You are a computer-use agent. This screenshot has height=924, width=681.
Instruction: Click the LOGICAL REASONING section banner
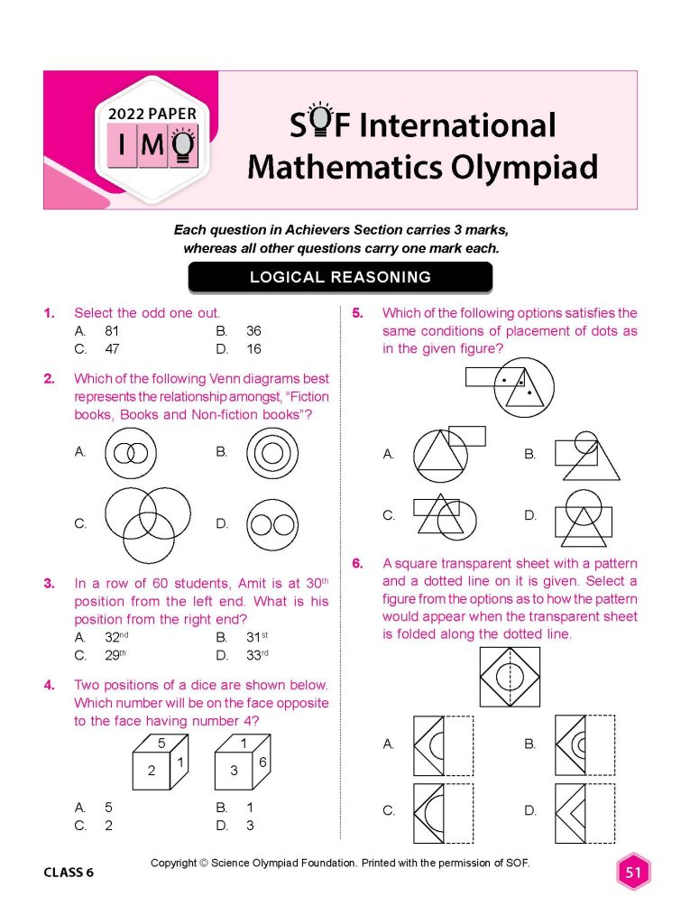click(x=340, y=277)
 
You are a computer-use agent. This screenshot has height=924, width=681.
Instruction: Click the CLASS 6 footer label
click(x=68, y=873)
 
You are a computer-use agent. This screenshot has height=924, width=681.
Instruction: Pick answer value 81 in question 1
click(x=112, y=331)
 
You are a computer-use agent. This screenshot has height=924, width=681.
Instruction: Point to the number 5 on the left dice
click(x=161, y=744)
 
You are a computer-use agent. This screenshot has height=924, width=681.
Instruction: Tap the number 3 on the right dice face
click(x=233, y=770)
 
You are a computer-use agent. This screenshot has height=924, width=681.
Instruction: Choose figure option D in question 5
click(x=583, y=516)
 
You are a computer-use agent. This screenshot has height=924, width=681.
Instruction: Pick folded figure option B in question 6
click(x=584, y=744)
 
